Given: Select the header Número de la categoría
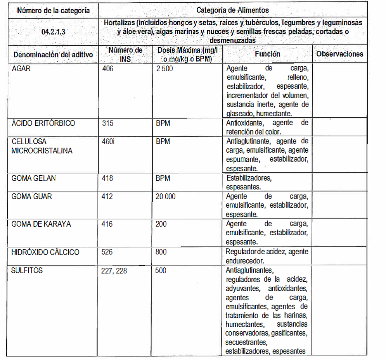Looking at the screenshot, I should (x=53, y=10).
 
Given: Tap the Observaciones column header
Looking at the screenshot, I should (x=339, y=54).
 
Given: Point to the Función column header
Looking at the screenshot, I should (x=267, y=54).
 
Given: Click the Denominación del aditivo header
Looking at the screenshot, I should (x=53, y=55).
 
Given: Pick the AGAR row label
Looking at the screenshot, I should (x=21, y=69).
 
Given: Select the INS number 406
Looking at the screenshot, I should (x=108, y=69).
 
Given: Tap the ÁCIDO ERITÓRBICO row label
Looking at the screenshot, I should (x=43, y=123).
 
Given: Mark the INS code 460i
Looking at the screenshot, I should (x=108, y=141).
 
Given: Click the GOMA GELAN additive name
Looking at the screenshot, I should (x=34, y=178).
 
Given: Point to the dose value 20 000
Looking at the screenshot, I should (x=165, y=196).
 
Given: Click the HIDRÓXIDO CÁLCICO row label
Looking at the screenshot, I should (x=45, y=252).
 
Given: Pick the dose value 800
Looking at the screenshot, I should (x=161, y=252).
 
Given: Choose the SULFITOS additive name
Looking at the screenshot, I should (x=27, y=270).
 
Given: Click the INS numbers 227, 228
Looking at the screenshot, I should (x=114, y=270).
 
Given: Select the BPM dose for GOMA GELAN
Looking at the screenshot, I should (x=163, y=178).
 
